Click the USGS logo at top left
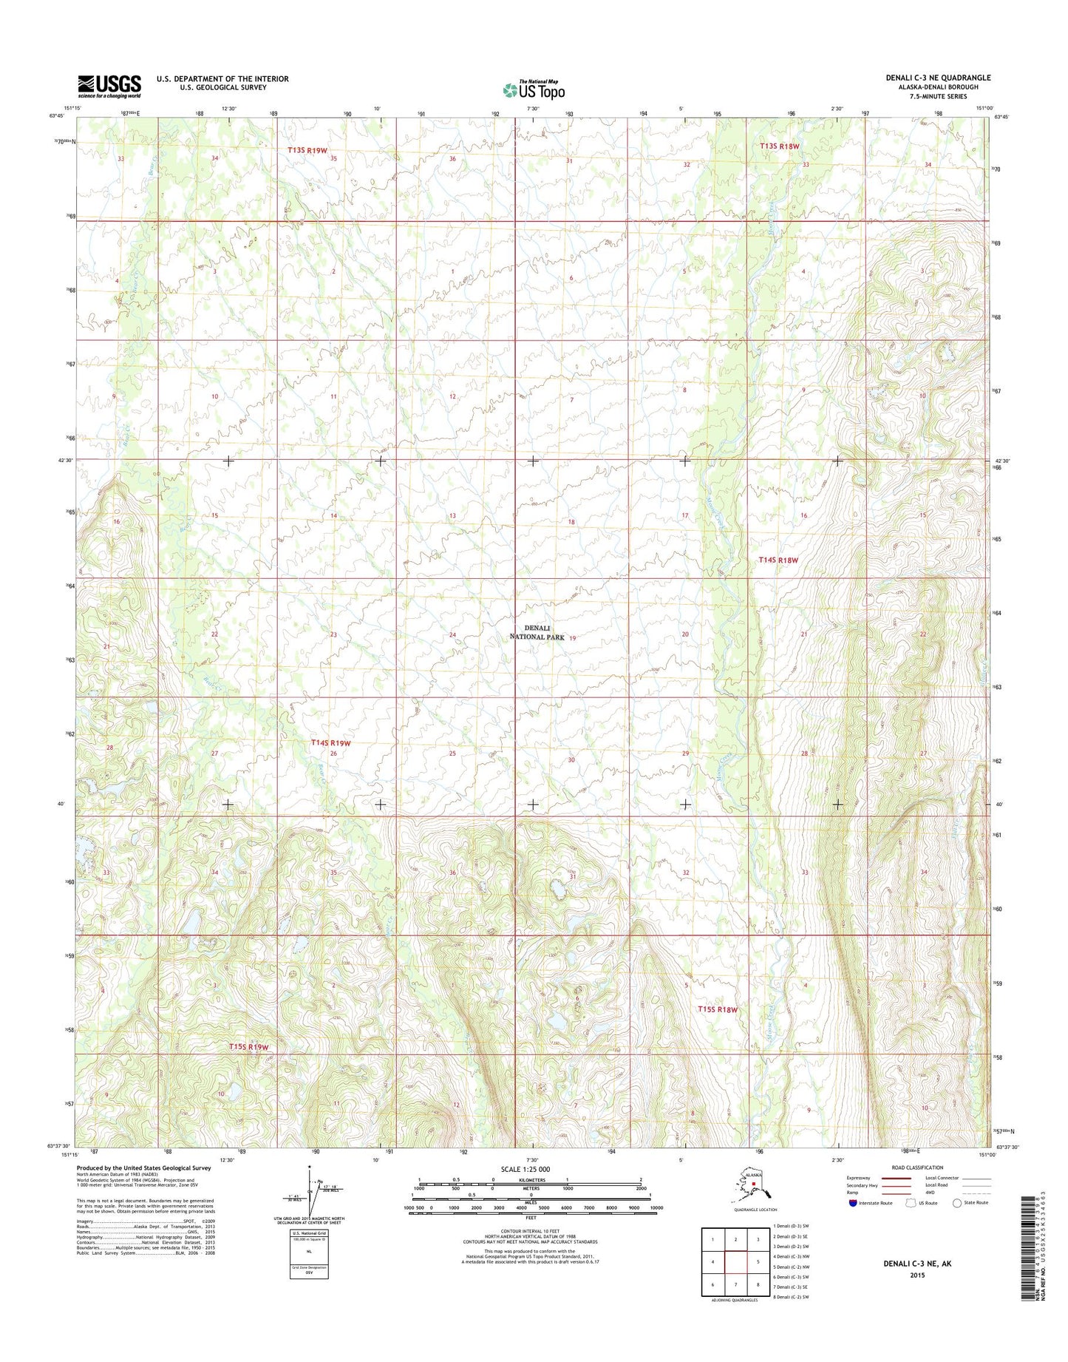[x=109, y=86]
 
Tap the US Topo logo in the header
[x=534, y=89]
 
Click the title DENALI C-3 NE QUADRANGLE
[x=938, y=78]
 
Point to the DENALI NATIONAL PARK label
[x=537, y=632]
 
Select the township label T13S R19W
[x=307, y=150]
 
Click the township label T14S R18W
[x=778, y=560]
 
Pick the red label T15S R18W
[x=718, y=1009]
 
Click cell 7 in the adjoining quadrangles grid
[x=735, y=1284]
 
